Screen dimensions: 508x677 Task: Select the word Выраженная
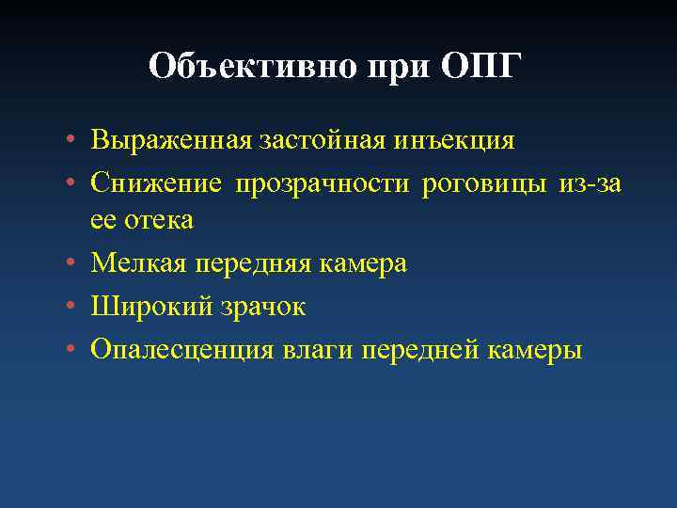[x=169, y=142]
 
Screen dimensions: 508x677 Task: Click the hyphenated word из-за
[x=590, y=183]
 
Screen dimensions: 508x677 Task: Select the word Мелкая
[x=140, y=264]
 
